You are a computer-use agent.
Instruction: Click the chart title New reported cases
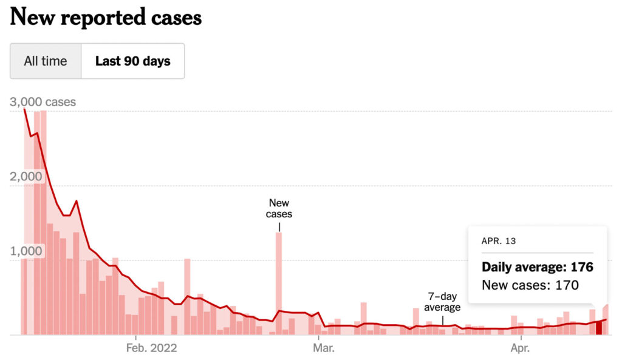[106, 18]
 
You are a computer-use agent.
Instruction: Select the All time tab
[46, 61]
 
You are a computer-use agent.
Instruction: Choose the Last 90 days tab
[132, 61]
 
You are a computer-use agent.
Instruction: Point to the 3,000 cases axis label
[43, 102]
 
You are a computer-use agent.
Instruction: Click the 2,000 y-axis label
[26, 177]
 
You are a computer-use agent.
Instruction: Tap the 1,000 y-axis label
[26, 251]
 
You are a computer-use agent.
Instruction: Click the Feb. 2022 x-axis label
[151, 348]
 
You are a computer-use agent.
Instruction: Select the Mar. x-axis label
[324, 348]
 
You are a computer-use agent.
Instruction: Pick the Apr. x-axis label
[520, 348]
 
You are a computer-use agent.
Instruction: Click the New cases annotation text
[279, 208]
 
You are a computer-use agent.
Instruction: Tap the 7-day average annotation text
[442, 302]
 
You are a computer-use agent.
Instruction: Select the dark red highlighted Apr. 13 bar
[599, 328]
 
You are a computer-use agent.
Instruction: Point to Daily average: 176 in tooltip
[537, 267]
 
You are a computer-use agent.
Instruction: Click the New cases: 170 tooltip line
[530, 285]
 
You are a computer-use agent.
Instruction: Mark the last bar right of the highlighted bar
[605, 320]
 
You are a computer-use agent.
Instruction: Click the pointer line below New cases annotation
[279, 226]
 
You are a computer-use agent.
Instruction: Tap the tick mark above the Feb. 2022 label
[136, 337]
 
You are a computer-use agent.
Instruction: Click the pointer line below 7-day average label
[442, 319]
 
